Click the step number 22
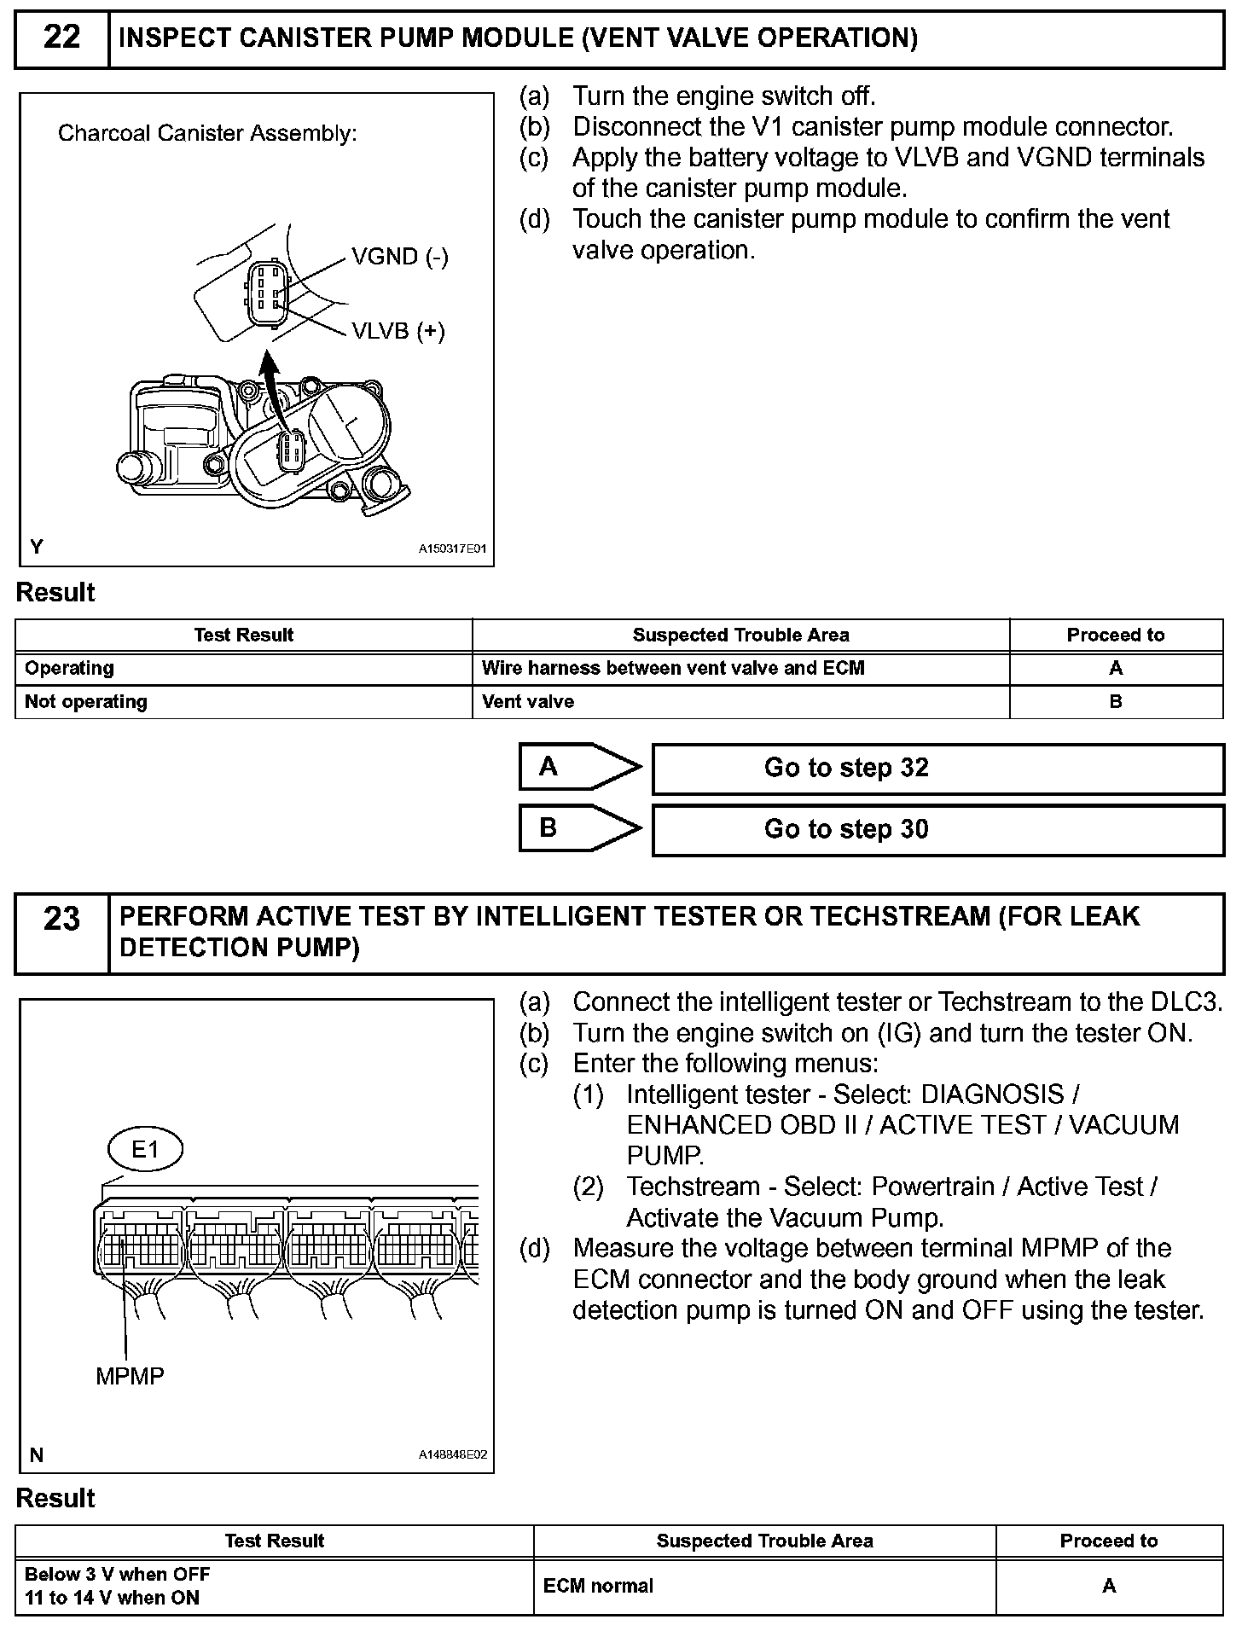(x=61, y=38)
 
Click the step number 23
(x=61, y=920)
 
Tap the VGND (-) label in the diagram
(x=399, y=257)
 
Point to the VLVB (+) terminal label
(x=398, y=331)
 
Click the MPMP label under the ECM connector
(x=130, y=1375)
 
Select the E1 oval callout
(x=145, y=1150)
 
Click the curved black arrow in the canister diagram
(x=272, y=389)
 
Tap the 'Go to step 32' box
(x=937, y=769)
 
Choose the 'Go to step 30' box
(x=937, y=830)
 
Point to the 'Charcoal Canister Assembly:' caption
(x=207, y=134)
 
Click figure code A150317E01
(x=451, y=549)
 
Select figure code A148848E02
(x=452, y=1454)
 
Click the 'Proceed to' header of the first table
(x=1115, y=636)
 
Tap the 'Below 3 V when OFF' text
(x=118, y=1575)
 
